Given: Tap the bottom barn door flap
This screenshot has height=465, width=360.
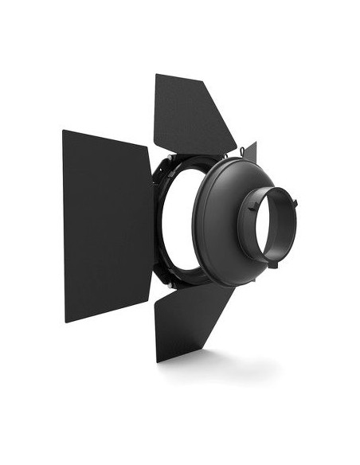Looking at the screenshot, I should click(191, 318).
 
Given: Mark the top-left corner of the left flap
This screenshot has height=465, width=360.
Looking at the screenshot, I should click(64, 131).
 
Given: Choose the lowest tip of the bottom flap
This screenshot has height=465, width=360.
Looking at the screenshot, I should click(158, 361).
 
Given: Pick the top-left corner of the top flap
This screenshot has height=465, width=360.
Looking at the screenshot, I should click(156, 75).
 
